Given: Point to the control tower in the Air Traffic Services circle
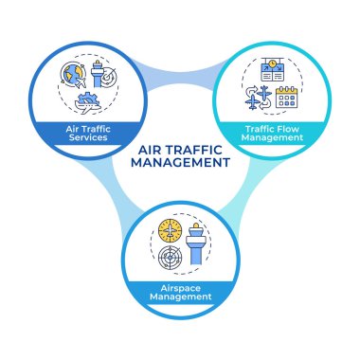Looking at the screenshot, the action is point(99,75).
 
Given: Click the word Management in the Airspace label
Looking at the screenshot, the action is point(180,298).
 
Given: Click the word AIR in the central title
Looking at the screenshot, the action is point(151,148).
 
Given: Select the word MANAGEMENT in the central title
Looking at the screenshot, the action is point(180,162).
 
